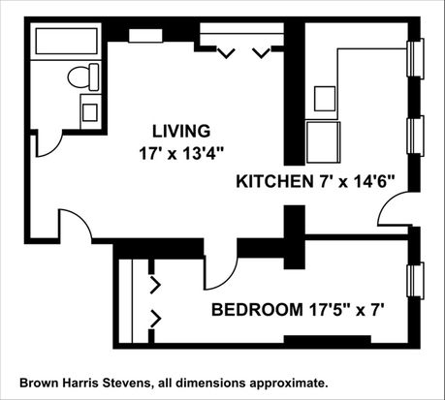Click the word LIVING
(x=181, y=131)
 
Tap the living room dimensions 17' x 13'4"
(x=181, y=154)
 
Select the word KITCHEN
(x=273, y=181)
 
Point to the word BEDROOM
(x=257, y=310)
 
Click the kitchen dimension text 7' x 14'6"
(x=355, y=181)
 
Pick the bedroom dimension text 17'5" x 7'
(x=346, y=310)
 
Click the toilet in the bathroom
(x=83, y=77)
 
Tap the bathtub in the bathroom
(x=66, y=41)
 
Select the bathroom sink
(x=90, y=112)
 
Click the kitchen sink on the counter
(x=325, y=99)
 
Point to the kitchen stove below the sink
(x=323, y=142)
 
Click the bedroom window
(x=416, y=281)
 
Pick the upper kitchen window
(x=416, y=58)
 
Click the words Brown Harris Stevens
(x=85, y=384)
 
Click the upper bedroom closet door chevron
(x=156, y=285)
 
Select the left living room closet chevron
(x=226, y=53)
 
